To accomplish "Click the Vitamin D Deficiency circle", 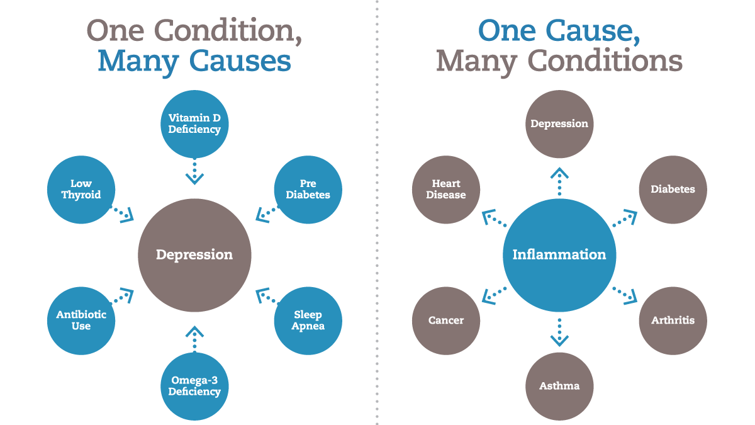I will [194, 124].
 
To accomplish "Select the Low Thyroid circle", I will [81, 189].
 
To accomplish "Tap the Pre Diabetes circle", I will [308, 189].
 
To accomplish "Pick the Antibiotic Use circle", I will [81, 320].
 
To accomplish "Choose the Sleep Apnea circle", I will [308, 320].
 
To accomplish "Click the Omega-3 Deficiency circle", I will [194, 386].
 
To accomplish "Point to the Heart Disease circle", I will [446, 189].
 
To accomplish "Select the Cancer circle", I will [446, 320].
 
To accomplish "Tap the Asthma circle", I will [559, 385].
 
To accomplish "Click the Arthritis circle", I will [673, 320].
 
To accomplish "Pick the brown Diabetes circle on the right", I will [673, 189].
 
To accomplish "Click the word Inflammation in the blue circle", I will [559, 254].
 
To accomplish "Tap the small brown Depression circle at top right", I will [559, 124].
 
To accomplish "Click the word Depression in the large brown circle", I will [194, 254].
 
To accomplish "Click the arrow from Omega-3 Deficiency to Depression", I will [194, 337].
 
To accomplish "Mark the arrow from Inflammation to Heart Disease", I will [495, 218].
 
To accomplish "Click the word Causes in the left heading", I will [243, 61].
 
